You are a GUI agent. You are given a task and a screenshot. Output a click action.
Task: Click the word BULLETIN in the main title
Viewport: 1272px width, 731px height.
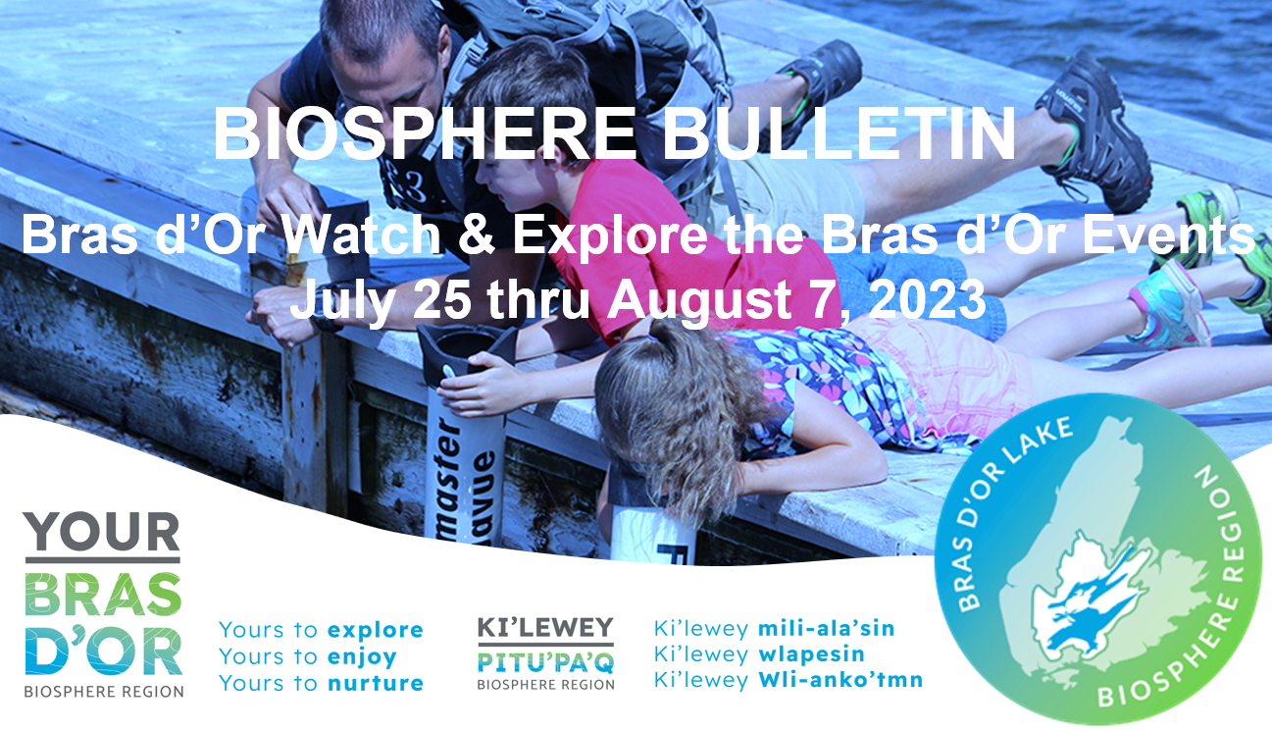(x=840, y=134)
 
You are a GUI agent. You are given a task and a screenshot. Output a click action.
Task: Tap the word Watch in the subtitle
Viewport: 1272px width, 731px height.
(x=362, y=235)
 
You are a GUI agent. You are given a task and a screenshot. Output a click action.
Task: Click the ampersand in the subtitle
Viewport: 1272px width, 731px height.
(x=477, y=235)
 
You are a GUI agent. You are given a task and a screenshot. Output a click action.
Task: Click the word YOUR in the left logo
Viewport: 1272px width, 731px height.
(x=102, y=531)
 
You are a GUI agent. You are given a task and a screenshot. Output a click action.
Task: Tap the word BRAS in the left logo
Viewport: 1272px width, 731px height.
(x=103, y=595)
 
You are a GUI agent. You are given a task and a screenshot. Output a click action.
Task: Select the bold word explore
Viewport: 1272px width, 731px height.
(x=376, y=631)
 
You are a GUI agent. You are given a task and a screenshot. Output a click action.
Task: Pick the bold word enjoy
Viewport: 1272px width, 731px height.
(x=362, y=657)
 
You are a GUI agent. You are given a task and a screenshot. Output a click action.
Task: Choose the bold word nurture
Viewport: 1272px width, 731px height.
(x=376, y=683)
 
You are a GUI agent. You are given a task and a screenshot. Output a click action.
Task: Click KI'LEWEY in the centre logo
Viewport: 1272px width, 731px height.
(x=545, y=628)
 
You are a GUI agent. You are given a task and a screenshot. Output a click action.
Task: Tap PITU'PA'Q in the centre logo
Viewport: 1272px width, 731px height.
(x=545, y=662)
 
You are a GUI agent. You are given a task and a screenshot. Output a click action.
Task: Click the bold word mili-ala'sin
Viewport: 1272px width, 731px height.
(x=826, y=629)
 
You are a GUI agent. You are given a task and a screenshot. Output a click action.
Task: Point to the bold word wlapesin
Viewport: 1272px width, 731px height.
(x=811, y=654)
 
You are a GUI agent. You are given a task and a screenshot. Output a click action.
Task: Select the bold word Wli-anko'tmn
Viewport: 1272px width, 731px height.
(x=840, y=679)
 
